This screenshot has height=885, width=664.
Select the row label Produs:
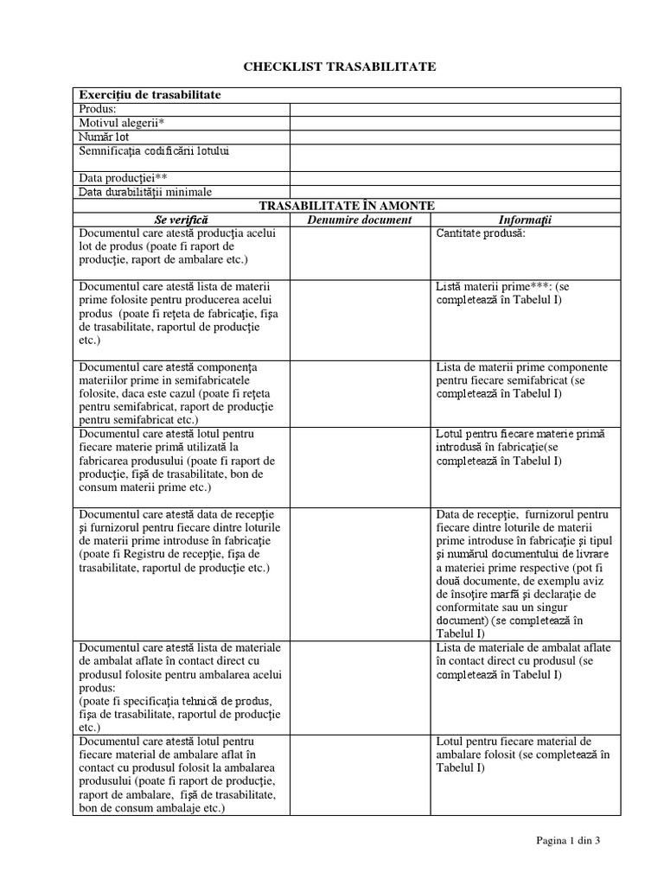click(97, 109)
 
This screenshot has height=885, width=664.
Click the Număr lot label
click(104, 137)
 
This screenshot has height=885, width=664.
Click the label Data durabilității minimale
click(145, 191)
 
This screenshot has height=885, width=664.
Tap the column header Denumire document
click(361, 220)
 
